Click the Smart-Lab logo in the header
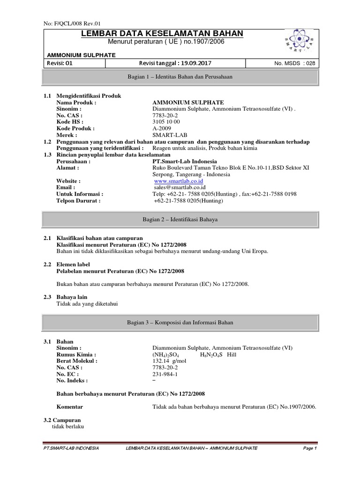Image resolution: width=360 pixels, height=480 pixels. point(301,41)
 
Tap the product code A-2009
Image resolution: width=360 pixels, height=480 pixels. point(162,128)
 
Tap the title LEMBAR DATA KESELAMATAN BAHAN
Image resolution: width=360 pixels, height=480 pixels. point(162,33)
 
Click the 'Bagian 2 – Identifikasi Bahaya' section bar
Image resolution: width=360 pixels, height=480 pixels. point(180,219)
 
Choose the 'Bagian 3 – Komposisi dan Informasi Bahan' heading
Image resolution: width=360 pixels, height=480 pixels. point(180,322)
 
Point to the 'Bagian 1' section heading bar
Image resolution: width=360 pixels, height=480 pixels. point(180,76)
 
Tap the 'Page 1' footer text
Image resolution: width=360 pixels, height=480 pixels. point(310,449)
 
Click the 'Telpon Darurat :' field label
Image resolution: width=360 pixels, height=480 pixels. point(78,201)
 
